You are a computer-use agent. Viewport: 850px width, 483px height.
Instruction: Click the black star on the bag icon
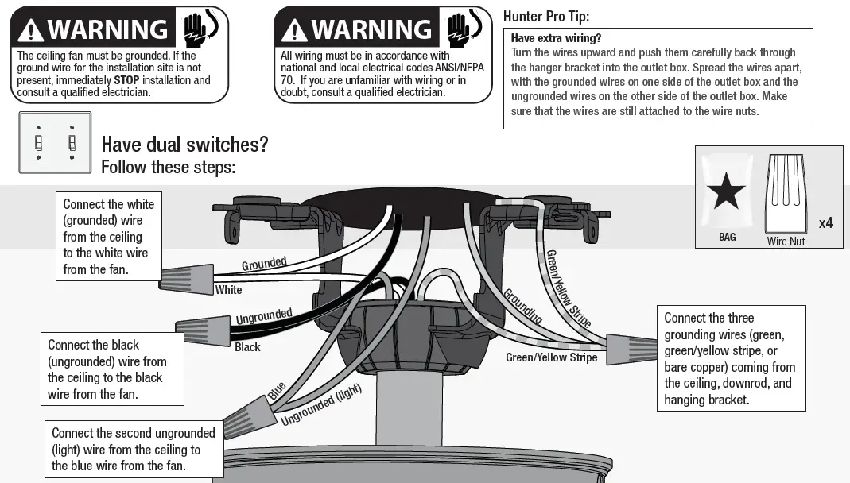[727, 192]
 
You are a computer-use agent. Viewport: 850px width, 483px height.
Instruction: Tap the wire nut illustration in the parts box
[786, 194]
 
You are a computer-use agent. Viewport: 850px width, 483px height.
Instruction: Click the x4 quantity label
[825, 223]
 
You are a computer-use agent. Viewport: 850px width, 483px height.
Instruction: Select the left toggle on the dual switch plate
[38, 142]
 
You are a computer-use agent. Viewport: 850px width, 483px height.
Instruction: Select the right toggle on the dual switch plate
[72, 142]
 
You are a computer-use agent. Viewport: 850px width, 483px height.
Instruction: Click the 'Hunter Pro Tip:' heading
[546, 16]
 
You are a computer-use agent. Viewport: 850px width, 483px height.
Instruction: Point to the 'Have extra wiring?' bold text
[556, 38]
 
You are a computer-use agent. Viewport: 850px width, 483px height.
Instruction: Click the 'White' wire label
[229, 290]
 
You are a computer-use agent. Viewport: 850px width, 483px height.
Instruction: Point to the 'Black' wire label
[247, 347]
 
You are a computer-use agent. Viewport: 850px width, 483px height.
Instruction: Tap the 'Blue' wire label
[277, 391]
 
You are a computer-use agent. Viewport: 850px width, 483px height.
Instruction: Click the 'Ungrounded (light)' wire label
[321, 404]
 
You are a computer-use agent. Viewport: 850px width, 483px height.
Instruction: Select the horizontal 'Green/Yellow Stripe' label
[551, 357]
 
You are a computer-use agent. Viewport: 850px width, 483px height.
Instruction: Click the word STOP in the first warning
[127, 80]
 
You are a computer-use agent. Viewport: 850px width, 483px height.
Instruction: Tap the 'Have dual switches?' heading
[184, 145]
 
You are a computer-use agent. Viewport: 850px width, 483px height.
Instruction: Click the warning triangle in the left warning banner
[31, 30]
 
